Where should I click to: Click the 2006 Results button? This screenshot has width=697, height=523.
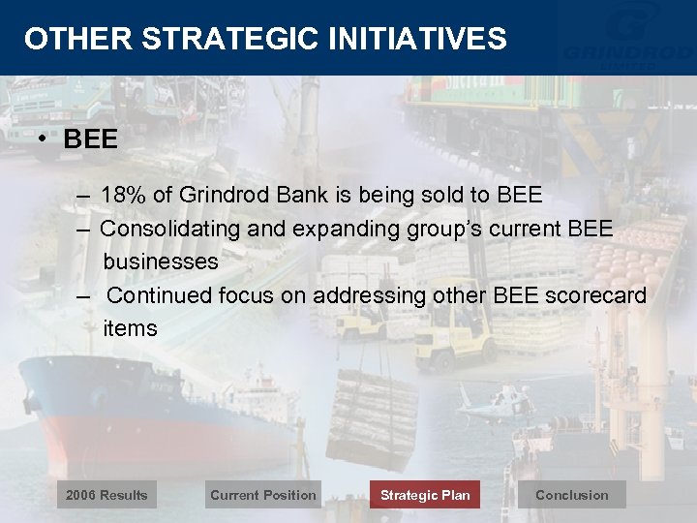coord(106,495)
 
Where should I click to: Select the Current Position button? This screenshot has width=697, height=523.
coord(262,495)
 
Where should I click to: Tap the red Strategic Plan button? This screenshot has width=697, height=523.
coord(424,495)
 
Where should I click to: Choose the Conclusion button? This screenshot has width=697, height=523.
coord(571,495)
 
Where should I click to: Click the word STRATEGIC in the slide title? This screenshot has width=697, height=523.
coord(230,39)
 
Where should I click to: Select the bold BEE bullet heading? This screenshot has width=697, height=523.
coord(90,139)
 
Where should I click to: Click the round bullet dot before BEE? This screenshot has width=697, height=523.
coord(44,138)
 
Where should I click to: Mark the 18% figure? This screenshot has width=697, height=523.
coord(123,196)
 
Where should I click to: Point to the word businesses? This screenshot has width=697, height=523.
coord(161,261)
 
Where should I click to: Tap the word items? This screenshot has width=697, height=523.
coord(130,328)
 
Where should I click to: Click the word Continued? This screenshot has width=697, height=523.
coord(161,295)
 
